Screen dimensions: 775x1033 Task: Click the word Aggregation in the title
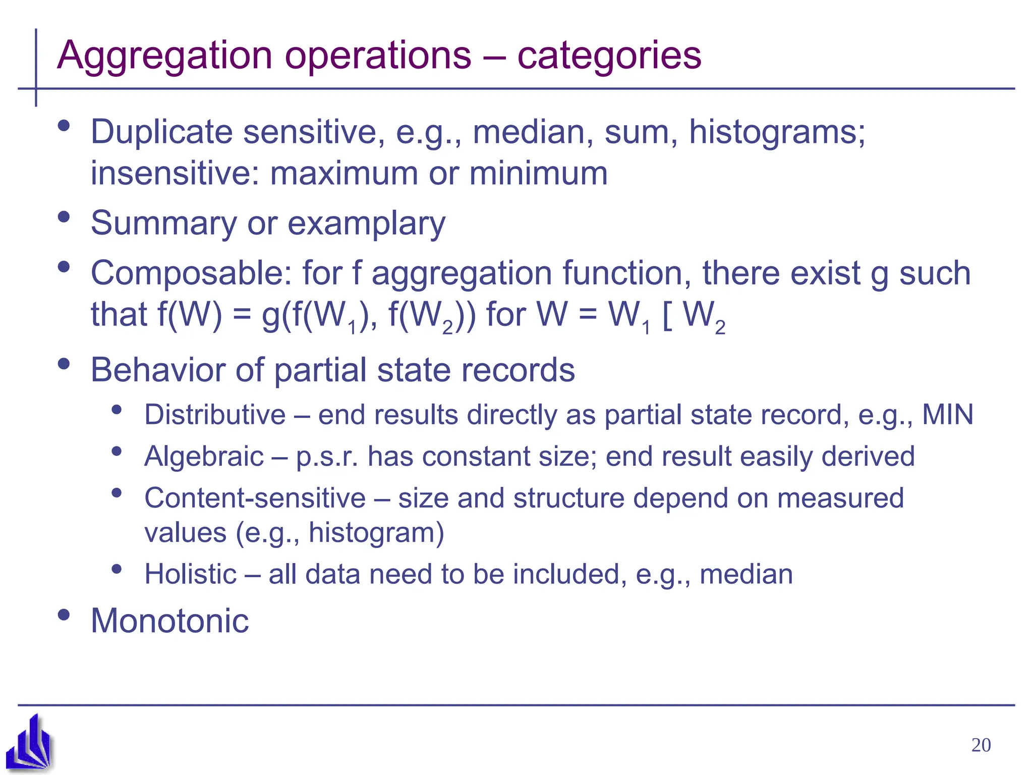(164, 56)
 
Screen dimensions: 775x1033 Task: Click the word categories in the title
(609, 56)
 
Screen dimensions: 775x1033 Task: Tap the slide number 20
(981, 745)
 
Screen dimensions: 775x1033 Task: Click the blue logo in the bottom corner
(30, 742)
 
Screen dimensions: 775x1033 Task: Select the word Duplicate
(162, 132)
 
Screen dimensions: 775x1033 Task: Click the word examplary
(366, 224)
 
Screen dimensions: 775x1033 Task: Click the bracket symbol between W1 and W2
(666, 315)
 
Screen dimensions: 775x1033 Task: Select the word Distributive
(215, 415)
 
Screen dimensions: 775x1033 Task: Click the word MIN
(947, 415)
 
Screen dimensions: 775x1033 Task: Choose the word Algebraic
(204, 457)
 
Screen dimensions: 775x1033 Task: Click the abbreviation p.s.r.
(327, 457)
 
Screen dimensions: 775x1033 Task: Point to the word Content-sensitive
(255, 498)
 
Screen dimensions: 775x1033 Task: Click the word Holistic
(190, 574)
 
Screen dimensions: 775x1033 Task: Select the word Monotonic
(169, 621)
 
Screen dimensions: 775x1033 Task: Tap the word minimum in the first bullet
(538, 174)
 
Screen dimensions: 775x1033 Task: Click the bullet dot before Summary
(64, 217)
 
